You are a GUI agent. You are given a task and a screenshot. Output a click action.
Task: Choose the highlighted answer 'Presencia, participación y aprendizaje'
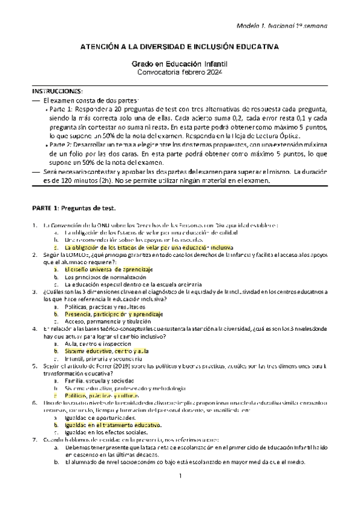tap(113, 314)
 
